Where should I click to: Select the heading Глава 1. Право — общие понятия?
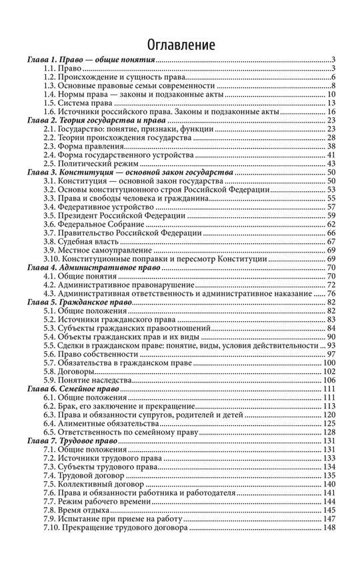click(91, 61)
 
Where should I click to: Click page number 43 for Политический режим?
click(330, 163)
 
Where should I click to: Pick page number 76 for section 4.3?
click(330, 294)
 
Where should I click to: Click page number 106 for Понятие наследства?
click(329, 380)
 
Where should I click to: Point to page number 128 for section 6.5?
click(329, 432)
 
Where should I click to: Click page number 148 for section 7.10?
click(329, 528)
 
